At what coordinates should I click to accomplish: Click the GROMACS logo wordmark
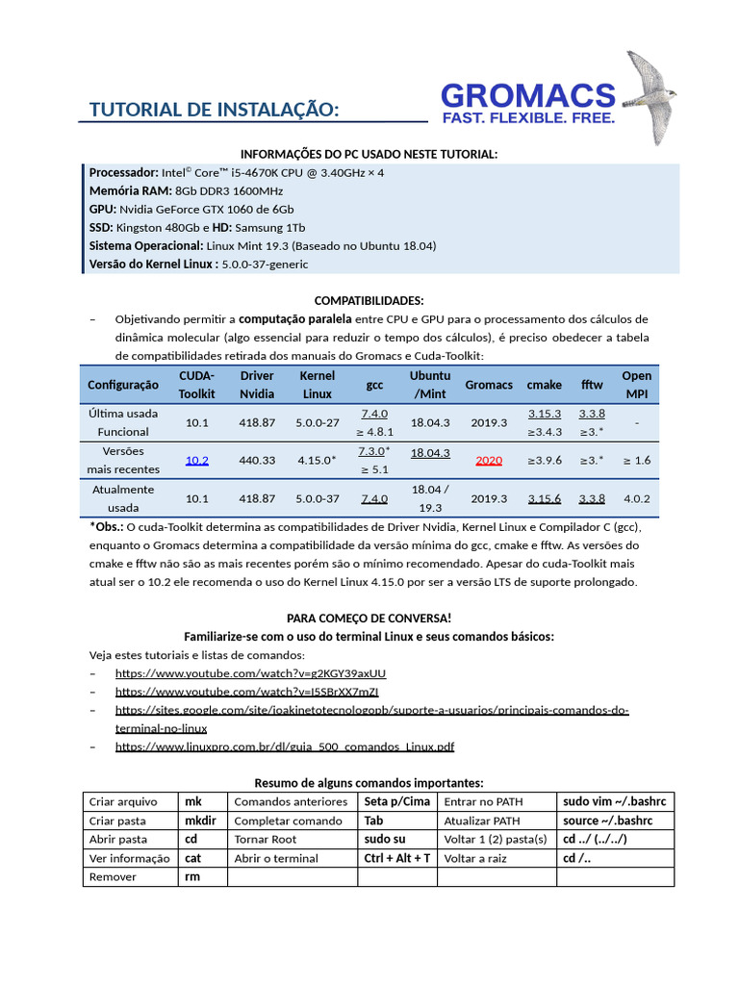(x=527, y=96)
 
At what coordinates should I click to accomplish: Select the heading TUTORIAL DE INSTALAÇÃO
(x=214, y=110)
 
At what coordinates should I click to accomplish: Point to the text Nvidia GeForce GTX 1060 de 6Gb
(x=206, y=209)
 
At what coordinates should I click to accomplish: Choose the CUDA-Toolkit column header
(x=197, y=385)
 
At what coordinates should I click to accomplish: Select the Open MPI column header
(x=636, y=385)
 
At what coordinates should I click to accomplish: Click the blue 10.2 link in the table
(x=197, y=461)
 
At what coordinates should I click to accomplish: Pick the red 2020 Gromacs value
(x=489, y=461)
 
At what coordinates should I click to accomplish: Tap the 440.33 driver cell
(x=257, y=461)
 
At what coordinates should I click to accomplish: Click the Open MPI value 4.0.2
(x=636, y=499)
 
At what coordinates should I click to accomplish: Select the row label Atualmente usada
(x=123, y=498)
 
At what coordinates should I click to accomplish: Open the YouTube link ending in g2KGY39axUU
(x=250, y=673)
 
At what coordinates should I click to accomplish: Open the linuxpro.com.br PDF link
(x=285, y=746)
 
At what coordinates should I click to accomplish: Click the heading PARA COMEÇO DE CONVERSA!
(x=369, y=618)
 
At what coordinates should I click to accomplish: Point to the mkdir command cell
(x=200, y=821)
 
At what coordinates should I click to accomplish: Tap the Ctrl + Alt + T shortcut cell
(x=397, y=858)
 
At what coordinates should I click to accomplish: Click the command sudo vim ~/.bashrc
(x=613, y=801)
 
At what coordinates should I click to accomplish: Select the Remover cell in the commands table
(x=114, y=877)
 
